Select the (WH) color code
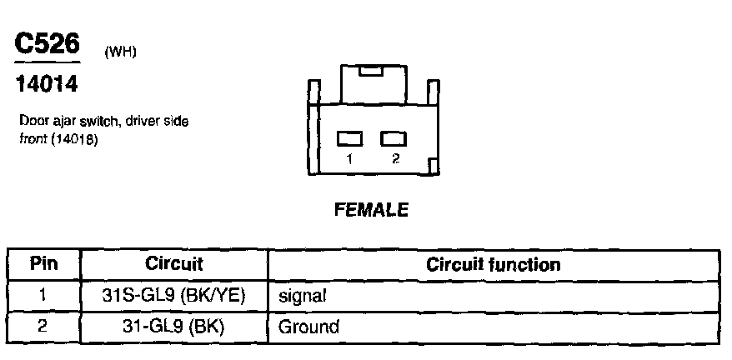(x=120, y=52)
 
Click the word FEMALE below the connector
(x=371, y=211)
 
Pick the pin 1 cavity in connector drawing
(x=350, y=139)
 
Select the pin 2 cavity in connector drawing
(x=393, y=139)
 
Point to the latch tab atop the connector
(x=372, y=72)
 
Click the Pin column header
(x=43, y=265)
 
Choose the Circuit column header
(x=174, y=265)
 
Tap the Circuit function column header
(x=493, y=265)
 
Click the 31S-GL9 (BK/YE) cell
(x=174, y=295)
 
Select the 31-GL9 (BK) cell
(x=174, y=325)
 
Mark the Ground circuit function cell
(x=309, y=325)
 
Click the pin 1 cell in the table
(x=43, y=295)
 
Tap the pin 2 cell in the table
(x=43, y=325)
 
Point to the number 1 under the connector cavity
(x=350, y=159)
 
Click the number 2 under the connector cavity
(x=394, y=159)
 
